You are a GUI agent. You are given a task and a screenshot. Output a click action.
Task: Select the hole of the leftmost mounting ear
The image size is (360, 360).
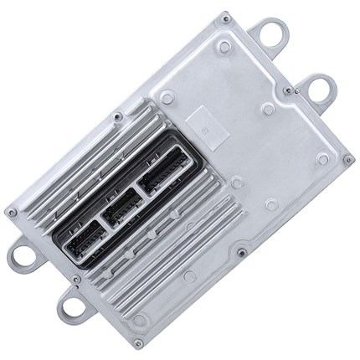coord(23,257)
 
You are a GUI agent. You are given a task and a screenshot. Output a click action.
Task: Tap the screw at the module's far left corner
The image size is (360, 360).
coord(11,212)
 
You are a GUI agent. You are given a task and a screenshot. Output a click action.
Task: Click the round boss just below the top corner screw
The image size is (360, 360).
coord(224,47)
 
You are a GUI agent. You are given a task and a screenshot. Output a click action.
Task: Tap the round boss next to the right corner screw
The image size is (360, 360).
coord(322,158)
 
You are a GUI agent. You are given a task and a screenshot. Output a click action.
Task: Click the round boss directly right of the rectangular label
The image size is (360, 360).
coord(267,109)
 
